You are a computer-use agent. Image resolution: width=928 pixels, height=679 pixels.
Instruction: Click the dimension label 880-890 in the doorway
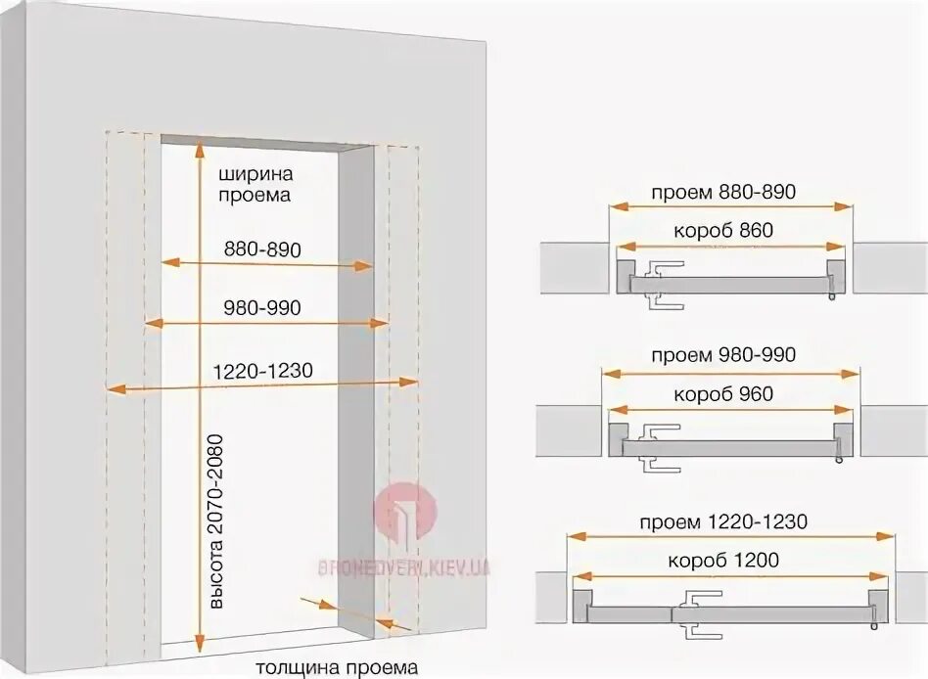click(261, 249)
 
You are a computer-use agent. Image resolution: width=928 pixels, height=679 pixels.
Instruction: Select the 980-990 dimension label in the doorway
click(261, 307)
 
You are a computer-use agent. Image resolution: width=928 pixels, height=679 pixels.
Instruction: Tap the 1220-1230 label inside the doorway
click(261, 371)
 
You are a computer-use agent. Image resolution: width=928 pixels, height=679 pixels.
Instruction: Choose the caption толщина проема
click(337, 668)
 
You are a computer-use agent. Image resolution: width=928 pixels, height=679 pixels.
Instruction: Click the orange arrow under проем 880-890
click(729, 205)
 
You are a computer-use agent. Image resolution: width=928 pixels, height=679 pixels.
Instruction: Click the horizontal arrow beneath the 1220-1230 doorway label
click(261, 387)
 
